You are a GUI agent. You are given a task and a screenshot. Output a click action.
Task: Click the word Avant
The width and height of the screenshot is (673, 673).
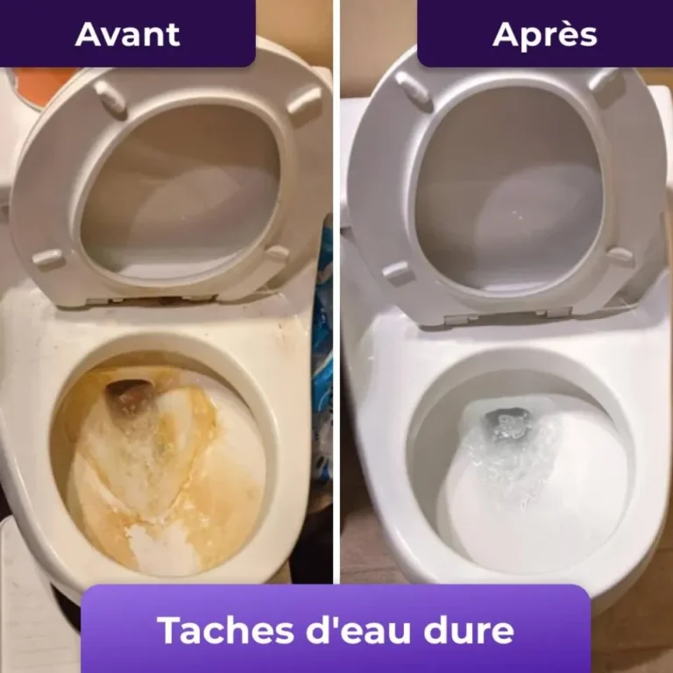[127, 34]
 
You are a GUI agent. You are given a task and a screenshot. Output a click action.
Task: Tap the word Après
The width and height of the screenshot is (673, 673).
[545, 34]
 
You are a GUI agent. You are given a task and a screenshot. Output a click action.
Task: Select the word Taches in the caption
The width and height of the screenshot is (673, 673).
[228, 630]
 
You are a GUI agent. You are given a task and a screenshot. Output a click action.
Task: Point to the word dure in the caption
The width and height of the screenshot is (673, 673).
[468, 630]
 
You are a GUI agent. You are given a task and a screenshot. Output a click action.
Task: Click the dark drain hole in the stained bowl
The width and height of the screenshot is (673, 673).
[129, 396]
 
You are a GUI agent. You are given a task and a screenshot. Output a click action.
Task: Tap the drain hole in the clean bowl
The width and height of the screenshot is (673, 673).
[507, 422]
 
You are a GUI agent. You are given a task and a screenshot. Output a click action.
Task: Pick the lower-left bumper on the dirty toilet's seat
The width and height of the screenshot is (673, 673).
[48, 259]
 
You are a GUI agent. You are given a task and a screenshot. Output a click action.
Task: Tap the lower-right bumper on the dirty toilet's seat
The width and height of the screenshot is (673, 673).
[276, 253]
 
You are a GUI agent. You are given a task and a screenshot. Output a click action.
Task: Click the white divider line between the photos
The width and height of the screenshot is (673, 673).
[336, 292]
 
